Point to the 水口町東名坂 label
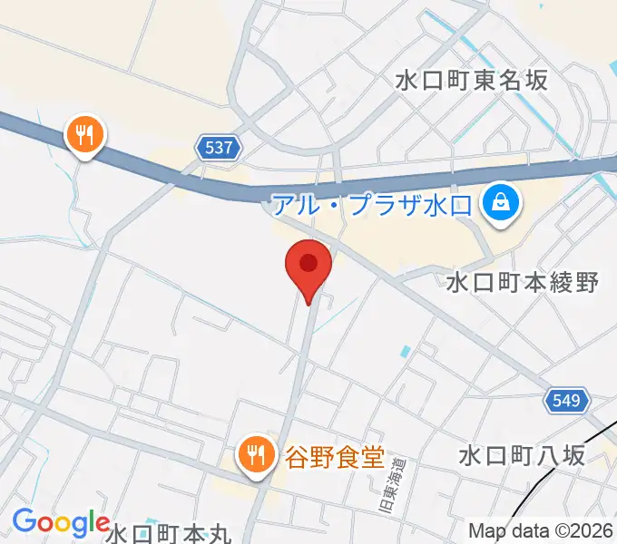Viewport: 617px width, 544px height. coord(472,80)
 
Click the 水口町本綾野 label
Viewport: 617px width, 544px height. coord(523,283)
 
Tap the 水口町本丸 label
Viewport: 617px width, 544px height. coord(170,533)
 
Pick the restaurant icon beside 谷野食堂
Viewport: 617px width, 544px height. coord(256,452)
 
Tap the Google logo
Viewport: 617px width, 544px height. coord(61,522)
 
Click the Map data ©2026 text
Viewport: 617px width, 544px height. coord(540,530)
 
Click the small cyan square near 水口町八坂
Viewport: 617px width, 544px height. coord(406,350)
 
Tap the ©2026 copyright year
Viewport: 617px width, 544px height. coord(581,530)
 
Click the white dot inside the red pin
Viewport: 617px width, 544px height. coord(309,263)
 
